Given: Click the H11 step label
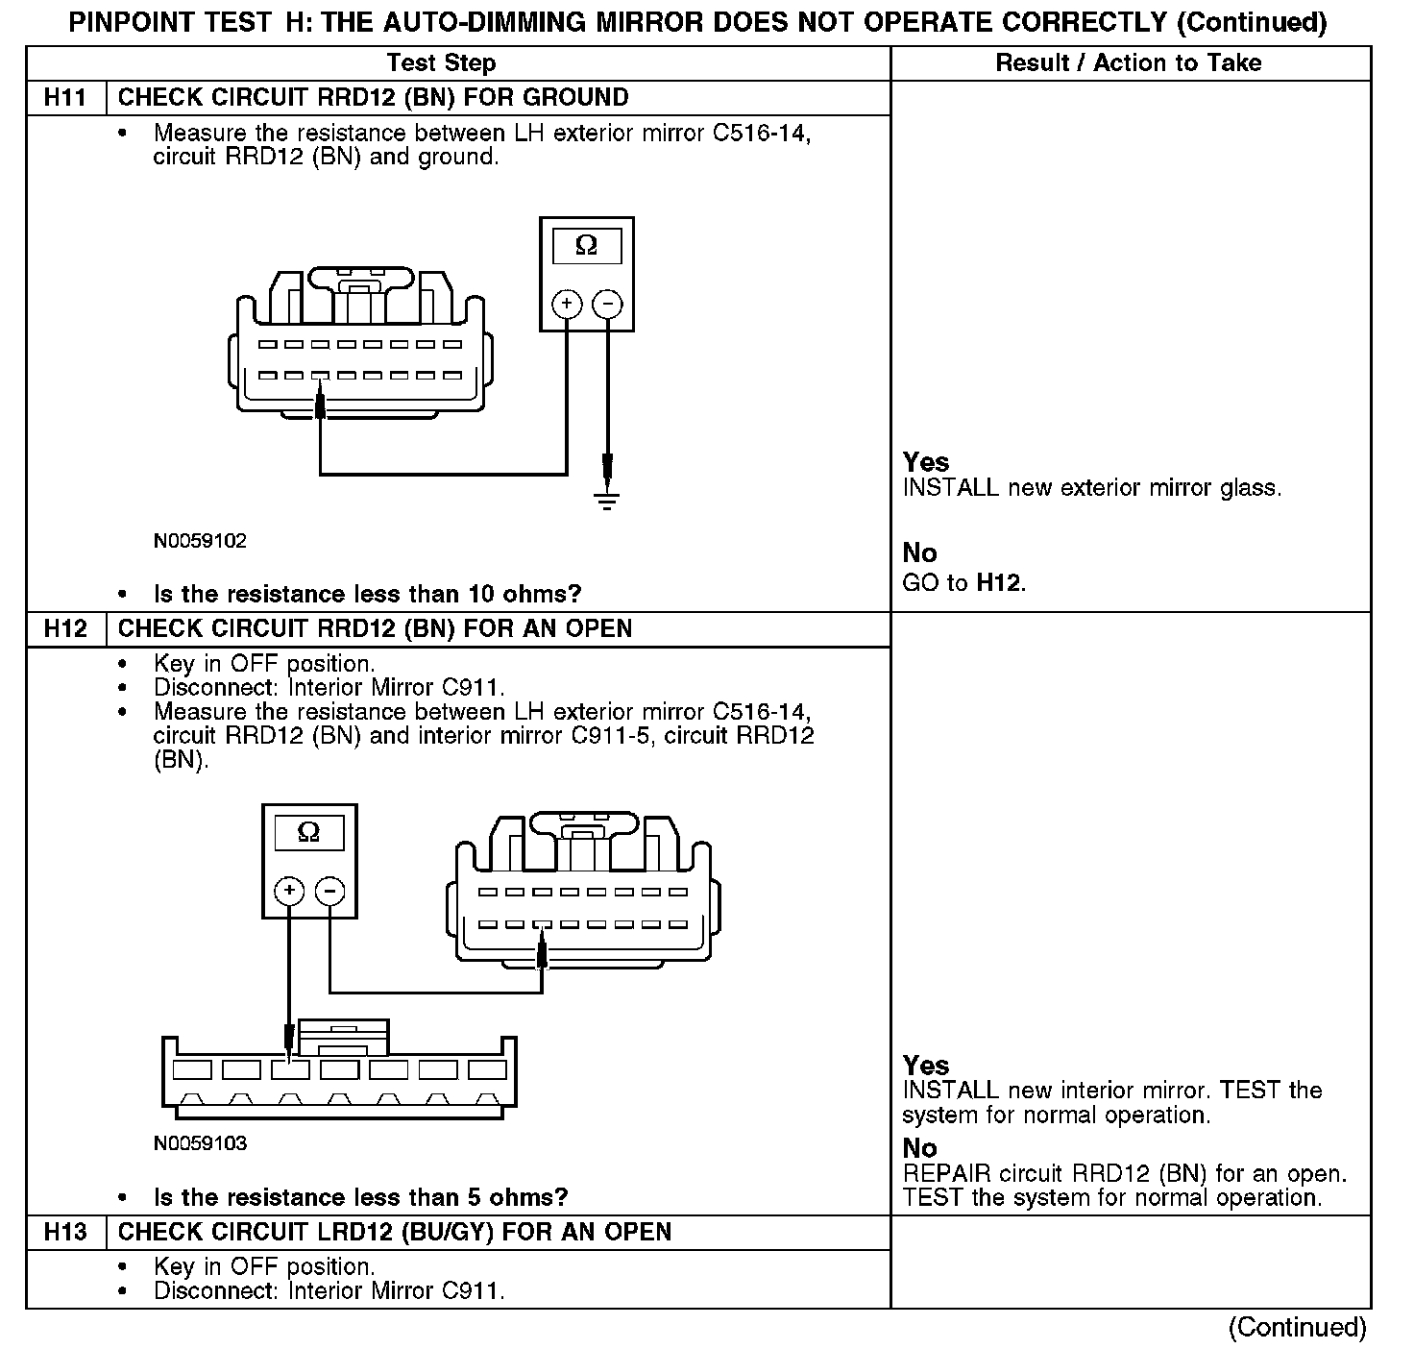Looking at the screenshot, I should point(65,98).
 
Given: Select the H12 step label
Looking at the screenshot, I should point(65,629).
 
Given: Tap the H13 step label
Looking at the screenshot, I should point(65,1233).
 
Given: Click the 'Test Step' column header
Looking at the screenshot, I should point(441,63).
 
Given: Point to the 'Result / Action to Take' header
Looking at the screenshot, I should point(1129,63).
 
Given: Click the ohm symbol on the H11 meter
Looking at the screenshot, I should point(586,246).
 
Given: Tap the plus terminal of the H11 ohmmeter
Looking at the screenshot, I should point(567,305).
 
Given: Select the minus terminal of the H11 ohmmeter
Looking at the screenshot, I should point(607,305).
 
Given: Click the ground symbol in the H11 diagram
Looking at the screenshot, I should point(606,500).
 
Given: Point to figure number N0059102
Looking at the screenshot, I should point(200,541).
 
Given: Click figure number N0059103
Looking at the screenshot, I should point(200,1143).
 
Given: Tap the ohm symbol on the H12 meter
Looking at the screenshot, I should point(308,832).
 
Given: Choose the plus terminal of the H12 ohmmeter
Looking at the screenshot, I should point(289,892).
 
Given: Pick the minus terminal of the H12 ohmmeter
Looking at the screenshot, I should point(329,892).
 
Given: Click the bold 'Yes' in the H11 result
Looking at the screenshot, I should point(926,462).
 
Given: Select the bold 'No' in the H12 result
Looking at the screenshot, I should point(919,1148).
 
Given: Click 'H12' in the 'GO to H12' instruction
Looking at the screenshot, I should point(998,583).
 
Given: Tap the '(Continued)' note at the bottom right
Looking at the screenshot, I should point(1297,1327).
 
